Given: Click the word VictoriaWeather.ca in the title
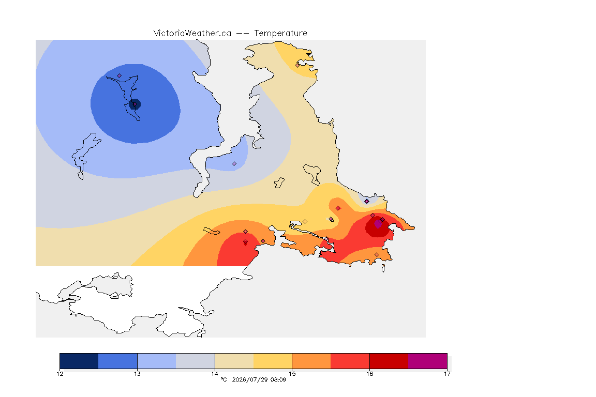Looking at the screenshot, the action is [192, 34].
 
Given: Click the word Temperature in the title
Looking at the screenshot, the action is [280, 34].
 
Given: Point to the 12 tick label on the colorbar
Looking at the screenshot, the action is [59, 374].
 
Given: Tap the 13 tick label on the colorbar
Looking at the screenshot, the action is [137, 374].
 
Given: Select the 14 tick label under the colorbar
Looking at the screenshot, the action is [215, 374].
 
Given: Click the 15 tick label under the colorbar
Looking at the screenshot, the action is [292, 374].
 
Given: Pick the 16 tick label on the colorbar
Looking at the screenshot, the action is [369, 374].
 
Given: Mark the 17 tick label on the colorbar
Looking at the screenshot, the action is [447, 374].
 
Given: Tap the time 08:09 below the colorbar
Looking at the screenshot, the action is [278, 379].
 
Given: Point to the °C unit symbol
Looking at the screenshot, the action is [224, 379].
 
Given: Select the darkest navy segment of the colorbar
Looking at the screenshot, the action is [79, 361].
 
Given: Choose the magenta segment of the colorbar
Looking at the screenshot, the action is [428, 361].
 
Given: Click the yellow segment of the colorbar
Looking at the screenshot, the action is [273, 361].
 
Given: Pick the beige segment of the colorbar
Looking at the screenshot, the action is [234, 361].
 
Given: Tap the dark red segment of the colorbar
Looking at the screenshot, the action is [389, 361].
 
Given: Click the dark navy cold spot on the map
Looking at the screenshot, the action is [135, 104].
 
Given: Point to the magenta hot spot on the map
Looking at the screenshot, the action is [378, 224].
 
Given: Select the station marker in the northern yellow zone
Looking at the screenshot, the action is [297, 65].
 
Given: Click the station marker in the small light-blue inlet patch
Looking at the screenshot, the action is [234, 164].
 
